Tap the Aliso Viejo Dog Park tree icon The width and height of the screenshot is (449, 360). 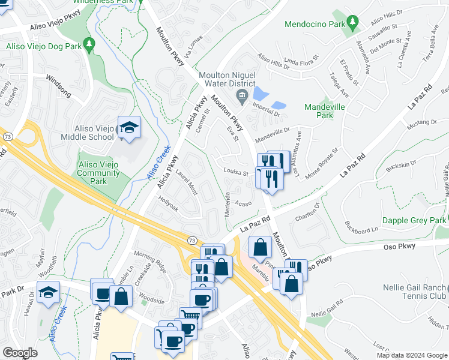[x=89, y=44]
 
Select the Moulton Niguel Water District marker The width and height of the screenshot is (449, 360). [x=241, y=96]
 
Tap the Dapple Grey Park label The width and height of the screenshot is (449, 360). [x=414, y=221]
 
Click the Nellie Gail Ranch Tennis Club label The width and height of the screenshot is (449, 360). [x=415, y=292]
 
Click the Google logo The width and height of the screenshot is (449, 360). [x=20, y=353]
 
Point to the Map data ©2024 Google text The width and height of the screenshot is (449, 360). [x=412, y=355]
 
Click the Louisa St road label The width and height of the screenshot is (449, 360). [x=236, y=172]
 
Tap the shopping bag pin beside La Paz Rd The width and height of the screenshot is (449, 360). [x=260, y=247]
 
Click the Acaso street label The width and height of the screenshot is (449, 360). [x=243, y=203]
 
